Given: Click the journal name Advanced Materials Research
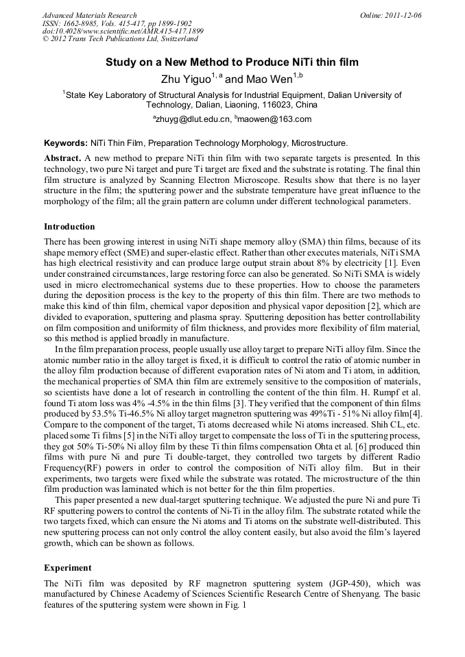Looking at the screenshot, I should pos(89,15).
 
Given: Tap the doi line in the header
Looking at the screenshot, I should pos(123,32).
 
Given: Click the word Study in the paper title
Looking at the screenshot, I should pos(121,62).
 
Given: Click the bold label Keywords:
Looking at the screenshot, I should pos(65,143).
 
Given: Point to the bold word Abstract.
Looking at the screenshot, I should pos(62,158).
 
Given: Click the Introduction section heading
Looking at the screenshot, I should pos(69,227).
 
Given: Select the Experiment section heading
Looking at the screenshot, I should pos(67,568).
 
